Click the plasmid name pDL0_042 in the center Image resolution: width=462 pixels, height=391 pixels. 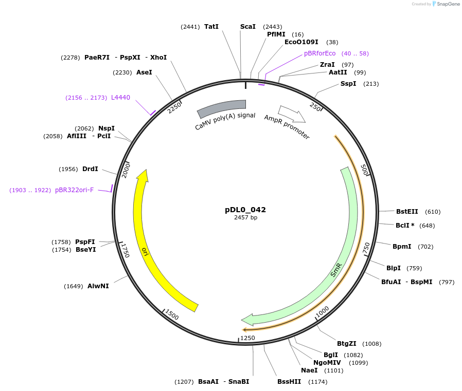[x=245, y=210]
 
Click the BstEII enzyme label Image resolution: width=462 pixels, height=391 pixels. [x=407, y=212]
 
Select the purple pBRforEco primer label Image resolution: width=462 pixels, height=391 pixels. [x=319, y=53]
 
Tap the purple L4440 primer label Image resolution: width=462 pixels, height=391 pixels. [x=121, y=97]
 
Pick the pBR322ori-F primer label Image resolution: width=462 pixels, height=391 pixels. [x=75, y=190]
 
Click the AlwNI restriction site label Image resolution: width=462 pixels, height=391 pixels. [x=98, y=286]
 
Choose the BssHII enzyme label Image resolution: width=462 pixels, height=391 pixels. [x=289, y=382]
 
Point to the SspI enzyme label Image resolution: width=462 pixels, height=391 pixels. [x=348, y=84]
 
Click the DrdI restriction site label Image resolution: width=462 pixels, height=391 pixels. [x=90, y=169]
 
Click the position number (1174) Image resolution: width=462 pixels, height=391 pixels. [x=317, y=382]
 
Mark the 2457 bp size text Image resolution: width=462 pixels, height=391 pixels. [x=245, y=218]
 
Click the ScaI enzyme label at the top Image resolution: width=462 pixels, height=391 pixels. [x=248, y=27]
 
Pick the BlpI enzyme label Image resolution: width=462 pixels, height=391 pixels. [x=394, y=268]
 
